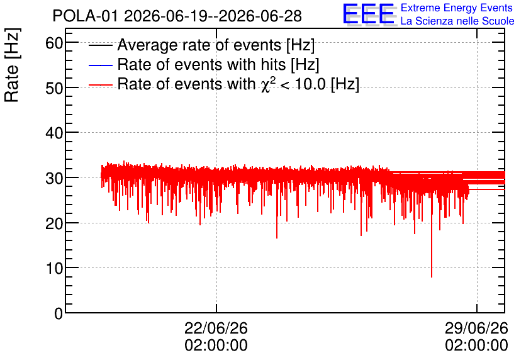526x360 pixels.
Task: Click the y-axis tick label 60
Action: pyautogui.click(x=54, y=43)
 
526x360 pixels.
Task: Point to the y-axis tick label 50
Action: pyautogui.click(x=54, y=88)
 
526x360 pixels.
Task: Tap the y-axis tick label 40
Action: pyautogui.click(x=54, y=133)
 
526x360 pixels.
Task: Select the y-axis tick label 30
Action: pyautogui.click(x=54, y=178)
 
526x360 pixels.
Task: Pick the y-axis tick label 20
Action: pyautogui.click(x=54, y=223)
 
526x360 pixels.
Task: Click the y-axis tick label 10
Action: pyautogui.click(x=54, y=268)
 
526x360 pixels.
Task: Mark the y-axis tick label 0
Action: pyautogui.click(x=59, y=313)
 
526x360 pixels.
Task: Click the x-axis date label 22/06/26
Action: pyautogui.click(x=216, y=328)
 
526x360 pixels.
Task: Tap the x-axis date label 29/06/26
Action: pyautogui.click(x=477, y=328)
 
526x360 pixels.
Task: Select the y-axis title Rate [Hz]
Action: pyautogui.click(x=12, y=65)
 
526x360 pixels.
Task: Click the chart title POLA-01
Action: pyautogui.click(x=86, y=16)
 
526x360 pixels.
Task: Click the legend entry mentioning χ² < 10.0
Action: pyautogui.click(x=238, y=84)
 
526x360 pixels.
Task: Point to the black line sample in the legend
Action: pyautogui.click(x=101, y=45)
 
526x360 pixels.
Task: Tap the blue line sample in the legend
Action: pyautogui.click(x=101, y=65)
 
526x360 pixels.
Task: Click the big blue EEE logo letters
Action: pyautogui.click(x=368, y=14)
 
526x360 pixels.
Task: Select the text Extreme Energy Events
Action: pyautogui.click(x=457, y=8)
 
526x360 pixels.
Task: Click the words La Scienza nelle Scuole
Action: pyautogui.click(x=457, y=21)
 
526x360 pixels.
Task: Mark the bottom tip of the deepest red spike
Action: pyautogui.click(x=432, y=277)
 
